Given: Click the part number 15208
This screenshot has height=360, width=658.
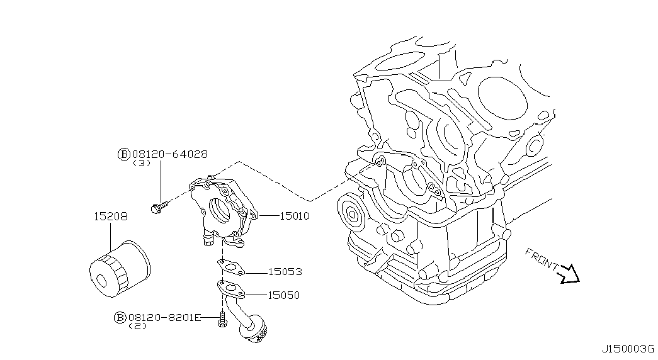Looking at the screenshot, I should tap(110, 217).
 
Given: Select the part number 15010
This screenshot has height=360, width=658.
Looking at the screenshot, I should tap(294, 216).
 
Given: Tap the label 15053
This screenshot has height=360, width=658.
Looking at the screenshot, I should tap(285, 272).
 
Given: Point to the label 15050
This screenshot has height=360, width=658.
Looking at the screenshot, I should tap(283, 295).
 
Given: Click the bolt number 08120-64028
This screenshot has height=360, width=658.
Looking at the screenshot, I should tap(169, 154).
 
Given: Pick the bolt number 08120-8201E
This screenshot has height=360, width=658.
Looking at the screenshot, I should tap(164, 318).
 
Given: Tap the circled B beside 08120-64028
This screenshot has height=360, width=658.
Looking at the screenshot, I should tap(124, 154).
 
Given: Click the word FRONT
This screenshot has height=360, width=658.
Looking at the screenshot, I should tap(541, 261).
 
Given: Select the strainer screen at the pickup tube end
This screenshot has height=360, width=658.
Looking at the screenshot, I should tap(256, 332).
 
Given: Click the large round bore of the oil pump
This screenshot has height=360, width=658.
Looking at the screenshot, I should tap(219, 210).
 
